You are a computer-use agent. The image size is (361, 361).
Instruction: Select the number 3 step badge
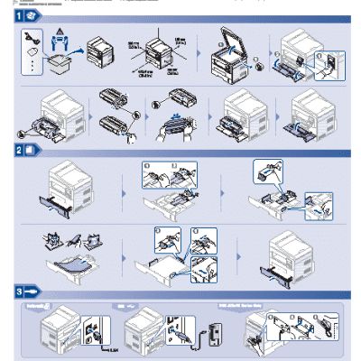point(19,292)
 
